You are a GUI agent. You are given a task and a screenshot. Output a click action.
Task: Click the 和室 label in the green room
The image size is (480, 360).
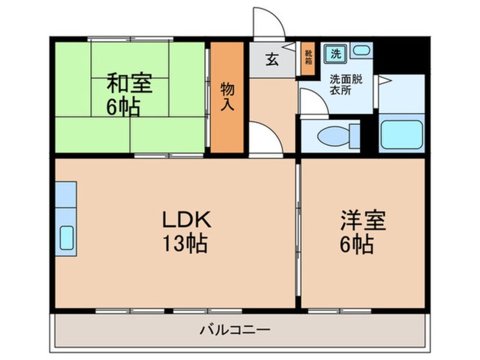(x=129, y=83)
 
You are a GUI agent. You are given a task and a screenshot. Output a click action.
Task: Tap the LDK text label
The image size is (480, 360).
(x=187, y=219)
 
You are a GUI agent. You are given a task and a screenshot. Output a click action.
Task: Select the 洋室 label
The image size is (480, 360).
(x=363, y=220)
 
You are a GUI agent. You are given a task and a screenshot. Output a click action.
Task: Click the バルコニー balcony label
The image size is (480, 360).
(x=235, y=330)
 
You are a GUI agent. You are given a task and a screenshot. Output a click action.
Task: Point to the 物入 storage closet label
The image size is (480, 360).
(x=228, y=96)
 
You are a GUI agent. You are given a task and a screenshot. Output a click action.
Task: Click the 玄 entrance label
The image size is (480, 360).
(x=272, y=59)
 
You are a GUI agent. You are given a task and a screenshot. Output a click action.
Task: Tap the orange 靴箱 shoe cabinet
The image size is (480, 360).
(x=308, y=58)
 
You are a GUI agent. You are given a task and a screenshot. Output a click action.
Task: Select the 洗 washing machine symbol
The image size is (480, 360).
(x=336, y=53)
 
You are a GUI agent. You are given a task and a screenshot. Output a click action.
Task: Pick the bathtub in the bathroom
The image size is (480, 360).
(x=401, y=135)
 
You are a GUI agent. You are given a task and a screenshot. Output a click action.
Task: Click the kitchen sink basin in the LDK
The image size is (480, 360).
(x=66, y=238)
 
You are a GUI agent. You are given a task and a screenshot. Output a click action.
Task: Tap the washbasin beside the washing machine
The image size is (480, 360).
(x=361, y=50)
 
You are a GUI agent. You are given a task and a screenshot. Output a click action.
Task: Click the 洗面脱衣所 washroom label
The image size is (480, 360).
(x=346, y=85)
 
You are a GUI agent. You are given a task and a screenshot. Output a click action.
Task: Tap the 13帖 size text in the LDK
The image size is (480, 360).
(x=185, y=243)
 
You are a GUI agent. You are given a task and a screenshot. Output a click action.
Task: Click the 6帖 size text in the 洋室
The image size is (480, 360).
(x=357, y=245)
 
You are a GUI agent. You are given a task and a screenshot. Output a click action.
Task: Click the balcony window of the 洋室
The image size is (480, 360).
(x=339, y=311)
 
